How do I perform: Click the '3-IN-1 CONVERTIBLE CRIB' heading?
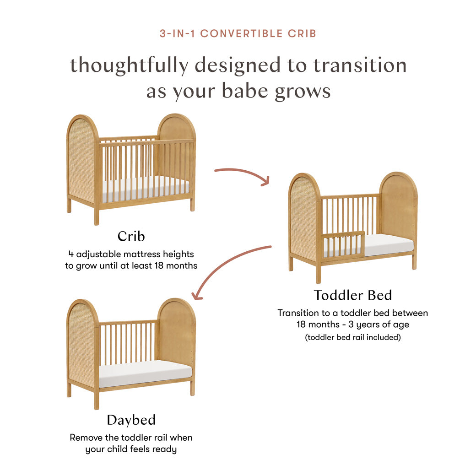coord(238,33)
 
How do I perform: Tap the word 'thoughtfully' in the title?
coord(129,65)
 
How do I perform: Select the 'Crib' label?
coord(131,236)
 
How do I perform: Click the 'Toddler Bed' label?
coord(352,295)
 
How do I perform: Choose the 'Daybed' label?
coord(131,420)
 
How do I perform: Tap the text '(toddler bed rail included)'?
coord(352,338)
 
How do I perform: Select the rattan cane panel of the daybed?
coord(81,343)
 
